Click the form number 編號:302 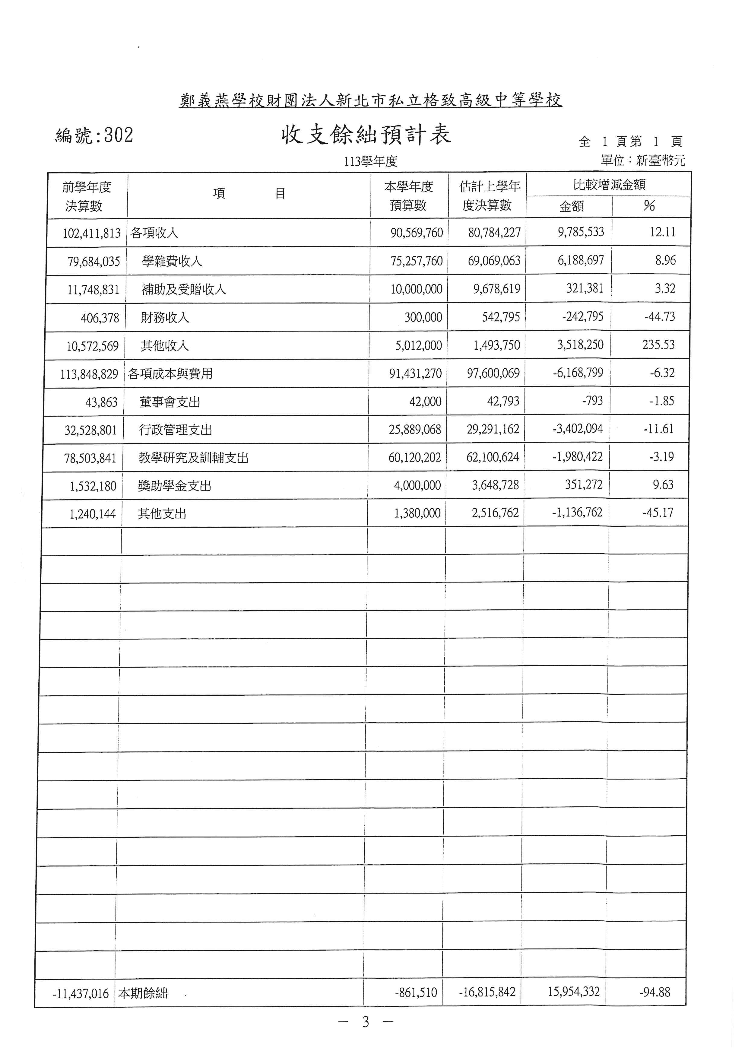pyautogui.click(x=94, y=135)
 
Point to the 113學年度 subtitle pyautogui.click(x=370, y=161)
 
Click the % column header pyautogui.click(x=649, y=205)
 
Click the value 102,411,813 pyautogui.click(x=92, y=233)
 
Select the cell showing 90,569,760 pyautogui.click(x=416, y=233)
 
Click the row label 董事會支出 pyautogui.click(x=170, y=402)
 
